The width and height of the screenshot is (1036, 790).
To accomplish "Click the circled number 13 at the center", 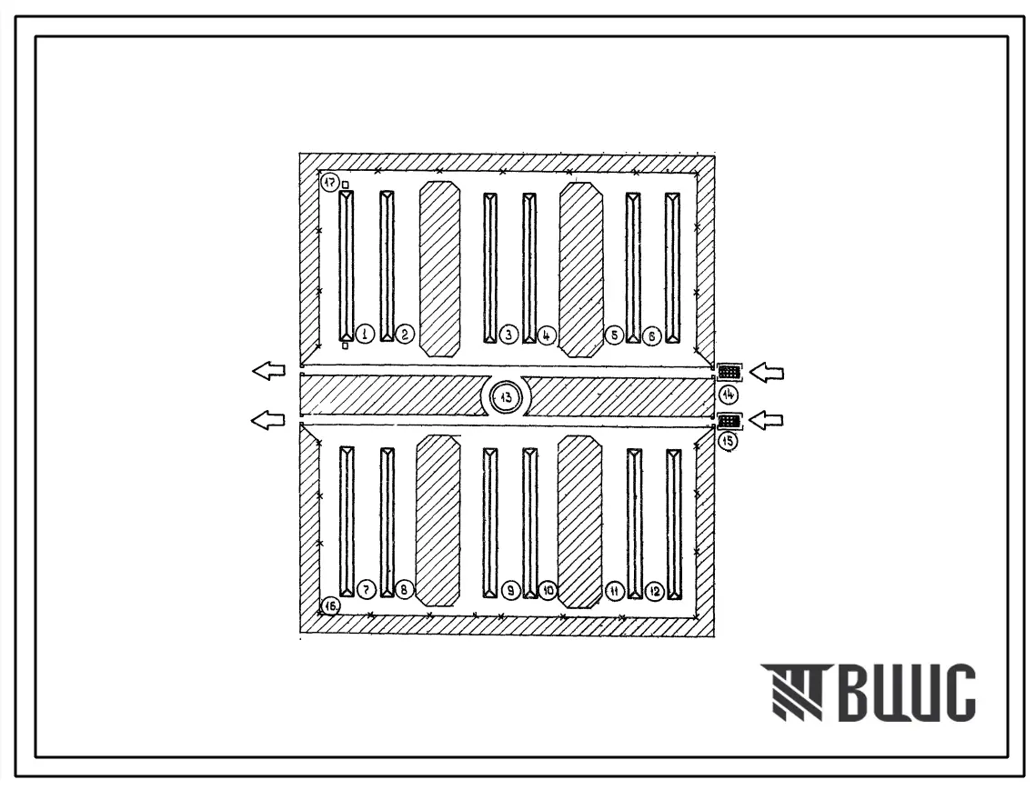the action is [507, 397].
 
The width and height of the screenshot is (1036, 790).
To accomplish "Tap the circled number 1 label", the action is [365, 335].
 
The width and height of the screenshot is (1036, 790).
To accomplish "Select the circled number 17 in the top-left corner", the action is [329, 182].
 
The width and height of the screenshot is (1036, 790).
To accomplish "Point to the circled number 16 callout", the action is [330, 605].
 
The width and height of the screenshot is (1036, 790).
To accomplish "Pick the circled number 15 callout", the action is [728, 441].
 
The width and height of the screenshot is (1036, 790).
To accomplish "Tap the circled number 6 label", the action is [652, 337].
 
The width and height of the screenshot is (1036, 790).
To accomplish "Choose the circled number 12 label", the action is [655, 591].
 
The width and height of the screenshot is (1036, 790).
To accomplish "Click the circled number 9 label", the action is [510, 591].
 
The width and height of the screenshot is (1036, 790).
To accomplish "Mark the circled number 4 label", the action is [547, 335].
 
